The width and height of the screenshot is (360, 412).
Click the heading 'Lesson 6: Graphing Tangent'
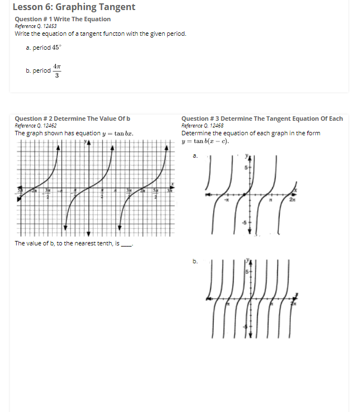point(74,7)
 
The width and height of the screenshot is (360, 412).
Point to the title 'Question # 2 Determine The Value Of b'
point(72,119)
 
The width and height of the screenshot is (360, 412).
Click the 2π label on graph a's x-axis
point(292,202)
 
